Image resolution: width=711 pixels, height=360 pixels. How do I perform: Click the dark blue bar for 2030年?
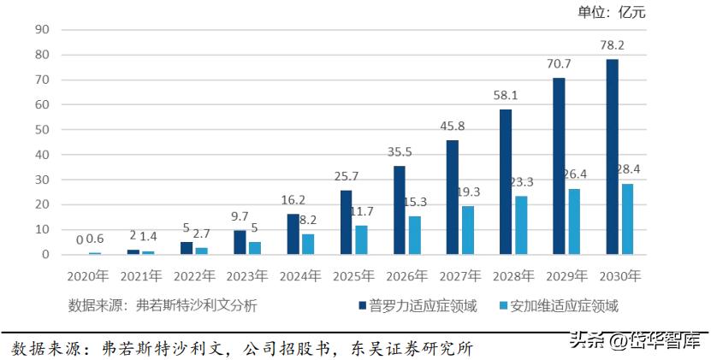(612, 156)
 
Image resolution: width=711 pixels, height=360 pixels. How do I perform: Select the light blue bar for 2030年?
(629, 219)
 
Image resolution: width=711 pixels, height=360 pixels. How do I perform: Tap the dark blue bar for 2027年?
(453, 198)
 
